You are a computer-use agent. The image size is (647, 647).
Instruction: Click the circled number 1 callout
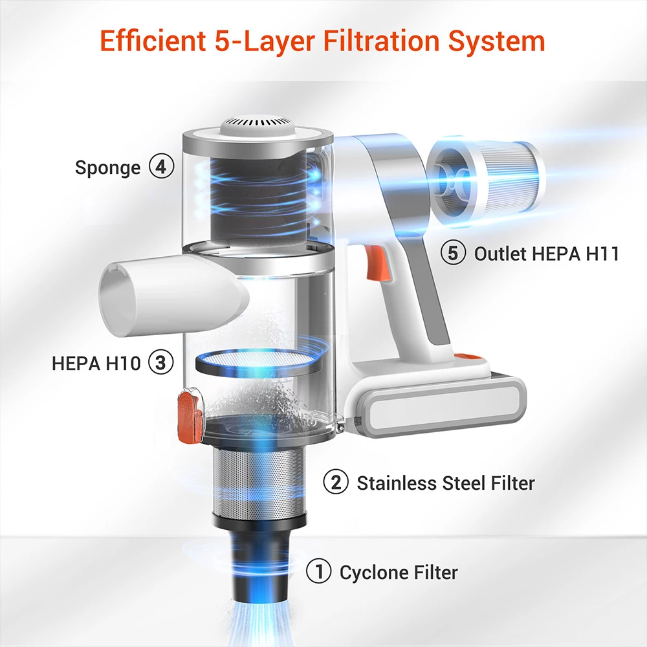pos(318,571)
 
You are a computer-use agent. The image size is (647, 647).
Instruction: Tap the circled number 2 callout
pos(336,482)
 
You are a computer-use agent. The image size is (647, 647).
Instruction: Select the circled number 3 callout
pos(160,362)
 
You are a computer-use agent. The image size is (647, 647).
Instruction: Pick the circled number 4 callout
pos(161,166)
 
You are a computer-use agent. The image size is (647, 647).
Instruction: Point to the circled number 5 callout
pos(453,252)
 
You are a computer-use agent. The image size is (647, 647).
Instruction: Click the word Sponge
pos(107,168)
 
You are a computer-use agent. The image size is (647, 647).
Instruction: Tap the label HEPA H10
pos(96,363)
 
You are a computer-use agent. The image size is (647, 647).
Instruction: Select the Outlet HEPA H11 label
pos(547,254)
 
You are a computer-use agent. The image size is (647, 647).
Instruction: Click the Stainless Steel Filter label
pos(446,483)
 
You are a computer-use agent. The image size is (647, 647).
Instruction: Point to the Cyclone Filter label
pos(399,573)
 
